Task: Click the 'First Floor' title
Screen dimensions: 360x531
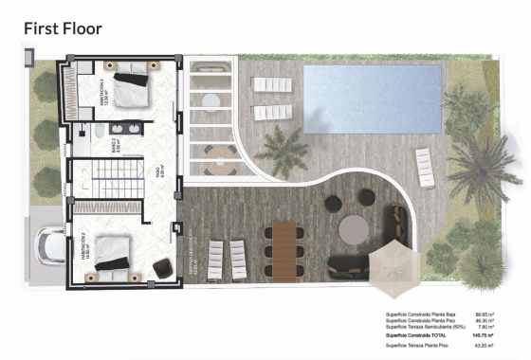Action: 63,28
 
